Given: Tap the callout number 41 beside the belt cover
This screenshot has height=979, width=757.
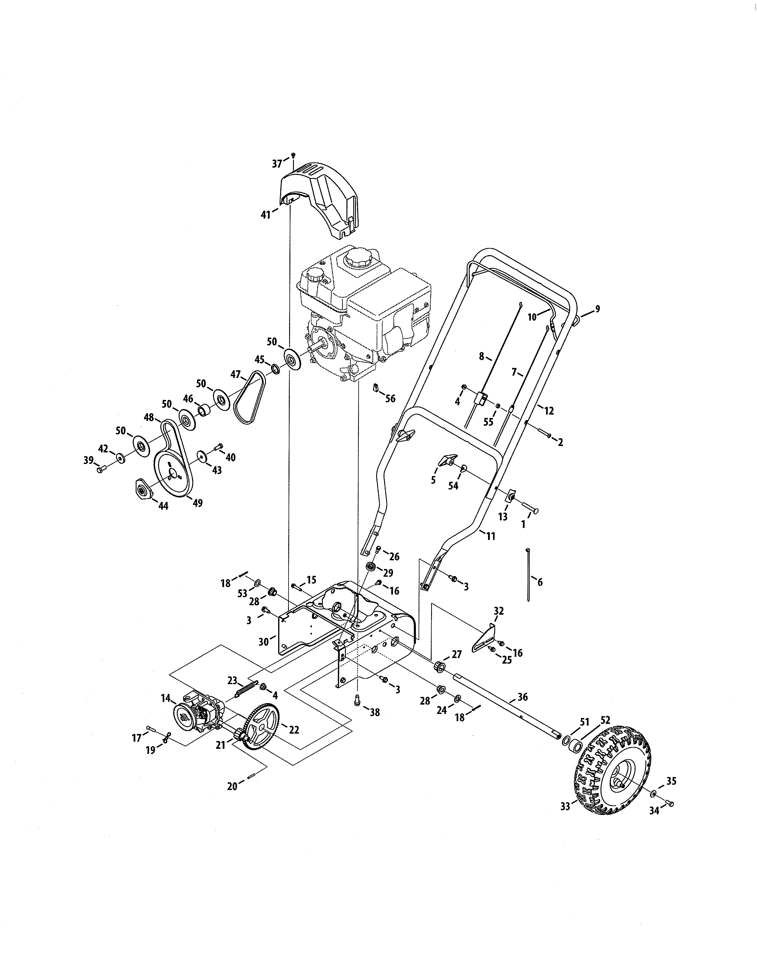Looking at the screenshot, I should point(266,215).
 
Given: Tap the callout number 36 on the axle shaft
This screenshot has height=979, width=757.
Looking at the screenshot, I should point(522,697).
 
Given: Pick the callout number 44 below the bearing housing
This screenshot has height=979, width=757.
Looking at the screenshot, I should point(163,506).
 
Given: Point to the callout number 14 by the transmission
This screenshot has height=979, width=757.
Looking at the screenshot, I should point(165,698).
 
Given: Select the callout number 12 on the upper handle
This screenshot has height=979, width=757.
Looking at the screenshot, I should point(549,410).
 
